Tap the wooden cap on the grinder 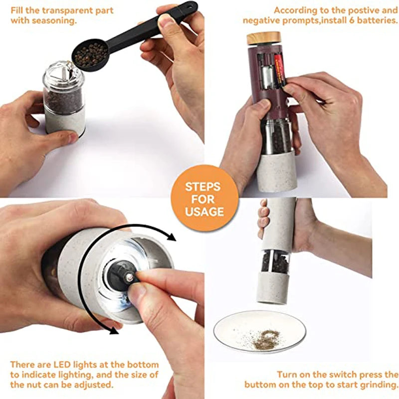tap(263, 38)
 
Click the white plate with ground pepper tap(260, 332)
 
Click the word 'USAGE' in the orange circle tap(204, 211)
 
